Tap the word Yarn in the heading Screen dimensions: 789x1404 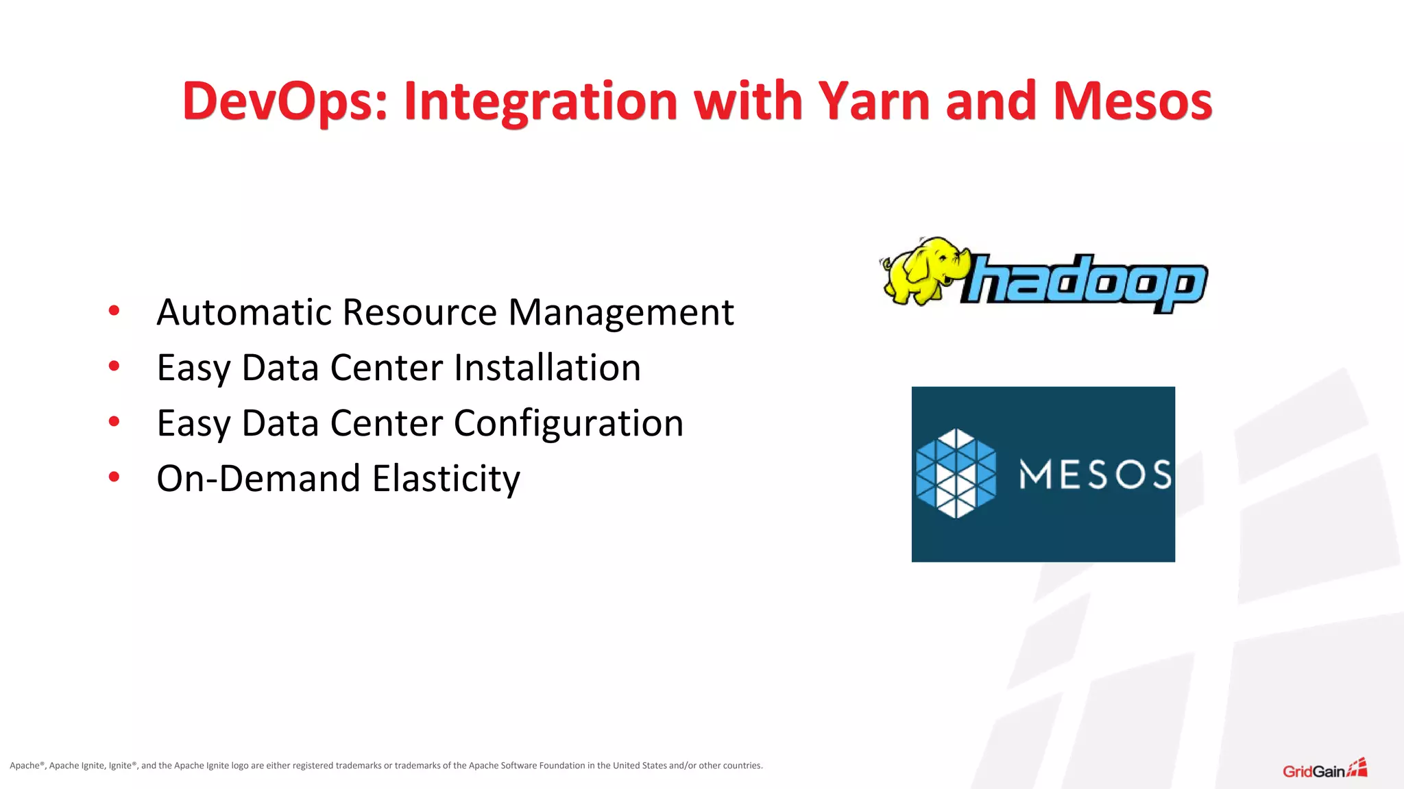point(874,101)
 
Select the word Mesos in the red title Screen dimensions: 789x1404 point(1133,101)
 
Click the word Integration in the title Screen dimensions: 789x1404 point(541,101)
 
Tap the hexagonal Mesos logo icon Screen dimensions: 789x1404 point(956,473)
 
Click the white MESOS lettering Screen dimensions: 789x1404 point(1095,475)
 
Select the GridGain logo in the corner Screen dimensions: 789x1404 point(1324,769)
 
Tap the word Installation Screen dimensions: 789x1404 point(547,368)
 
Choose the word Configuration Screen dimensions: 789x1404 point(568,423)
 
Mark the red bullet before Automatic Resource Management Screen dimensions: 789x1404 point(114,311)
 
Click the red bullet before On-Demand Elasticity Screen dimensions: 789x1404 point(114,477)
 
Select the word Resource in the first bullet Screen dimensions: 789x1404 point(419,312)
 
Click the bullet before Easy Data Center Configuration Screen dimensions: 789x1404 point(114,421)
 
